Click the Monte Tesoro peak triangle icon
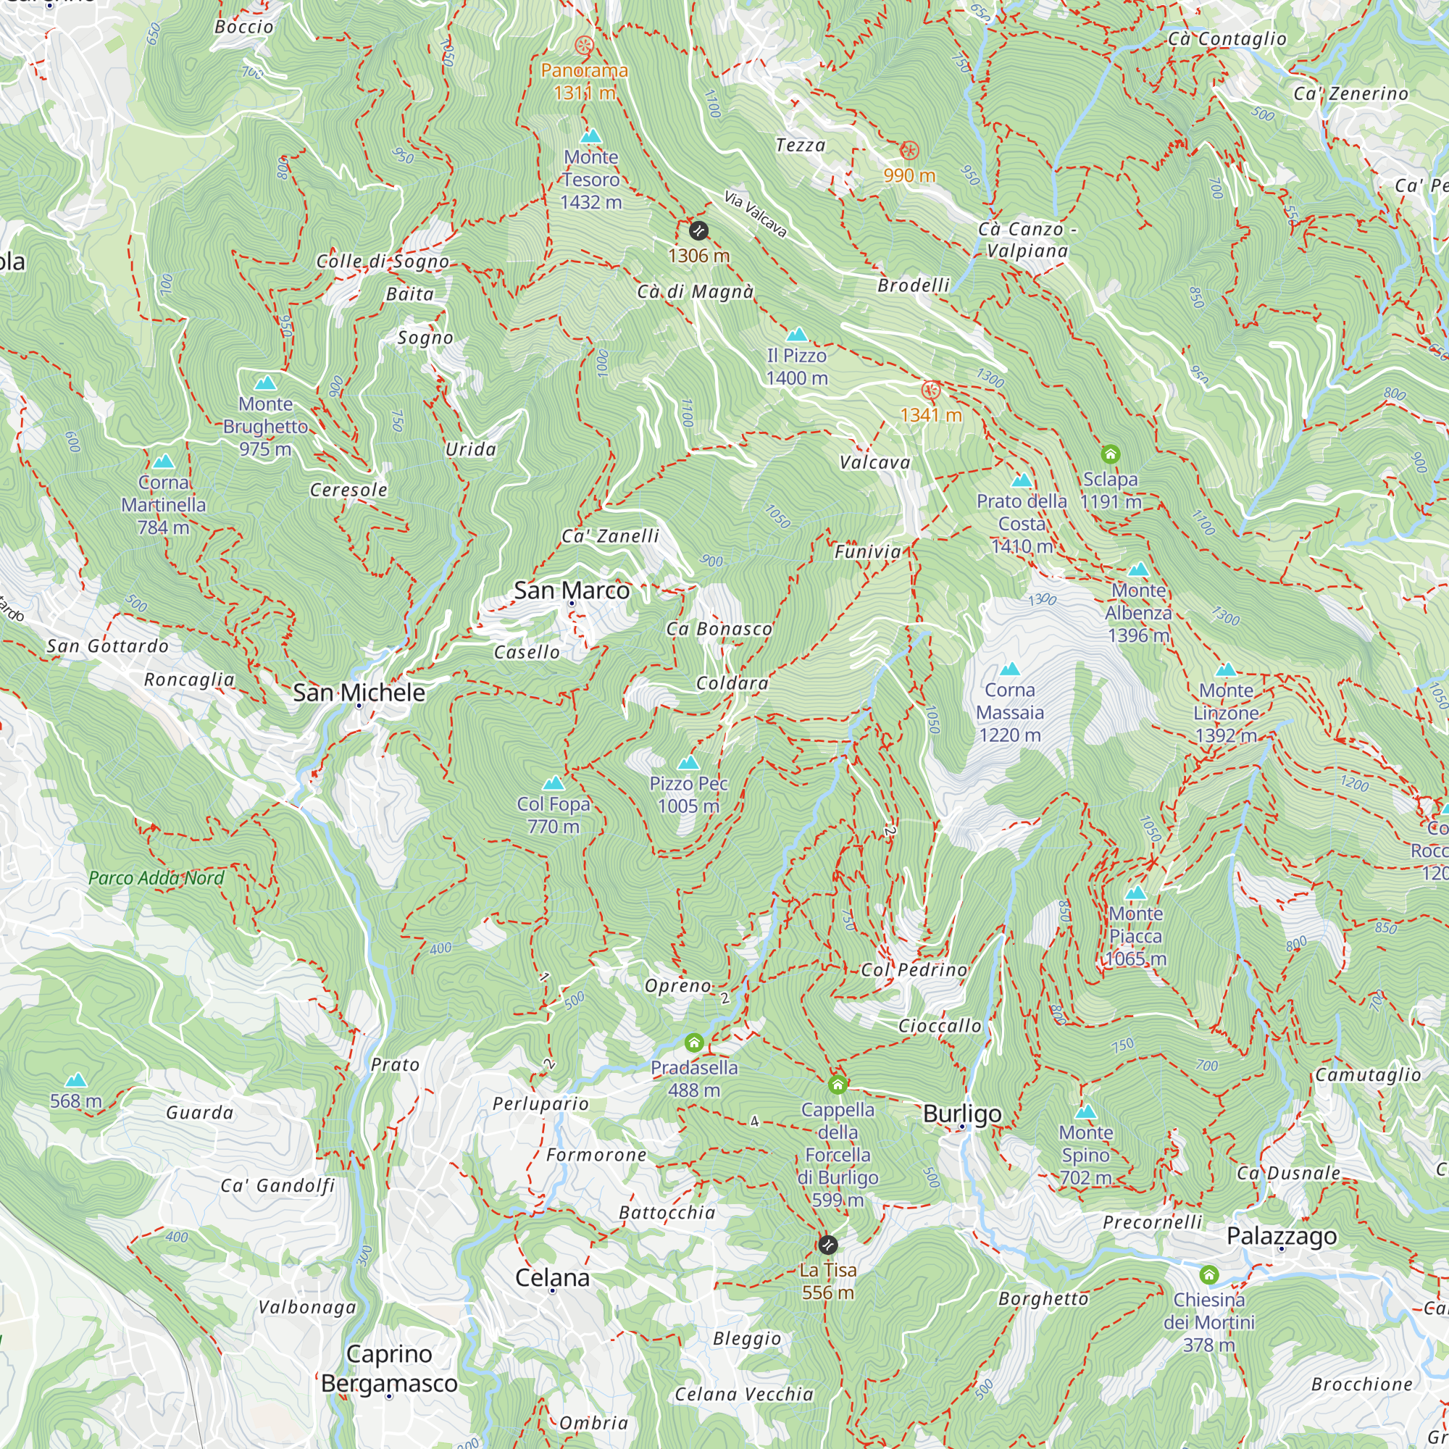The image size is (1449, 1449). tap(591, 136)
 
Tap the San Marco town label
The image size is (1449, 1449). tap(572, 590)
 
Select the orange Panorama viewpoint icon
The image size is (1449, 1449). tap(584, 45)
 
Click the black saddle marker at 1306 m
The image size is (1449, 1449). tap(698, 230)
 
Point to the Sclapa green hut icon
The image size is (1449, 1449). tap(1110, 454)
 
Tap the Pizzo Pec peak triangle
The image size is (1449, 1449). tap(688, 763)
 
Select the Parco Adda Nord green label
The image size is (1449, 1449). tap(156, 877)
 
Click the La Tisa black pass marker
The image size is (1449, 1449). tap(827, 1245)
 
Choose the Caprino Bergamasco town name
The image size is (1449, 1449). tap(389, 1369)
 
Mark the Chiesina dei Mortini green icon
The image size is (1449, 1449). tap(1208, 1274)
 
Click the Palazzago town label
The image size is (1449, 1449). tap(1281, 1235)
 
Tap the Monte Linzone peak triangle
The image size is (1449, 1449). tap(1226, 669)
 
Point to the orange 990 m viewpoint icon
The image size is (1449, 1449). tap(909, 151)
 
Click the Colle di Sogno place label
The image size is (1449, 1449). tap(383, 261)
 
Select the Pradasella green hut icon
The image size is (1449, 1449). tap(694, 1043)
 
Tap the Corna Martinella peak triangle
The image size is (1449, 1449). tap(163, 462)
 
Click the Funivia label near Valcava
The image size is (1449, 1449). tap(868, 552)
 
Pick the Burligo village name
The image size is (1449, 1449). tap(962, 1114)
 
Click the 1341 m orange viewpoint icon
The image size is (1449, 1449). tap(931, 390)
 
